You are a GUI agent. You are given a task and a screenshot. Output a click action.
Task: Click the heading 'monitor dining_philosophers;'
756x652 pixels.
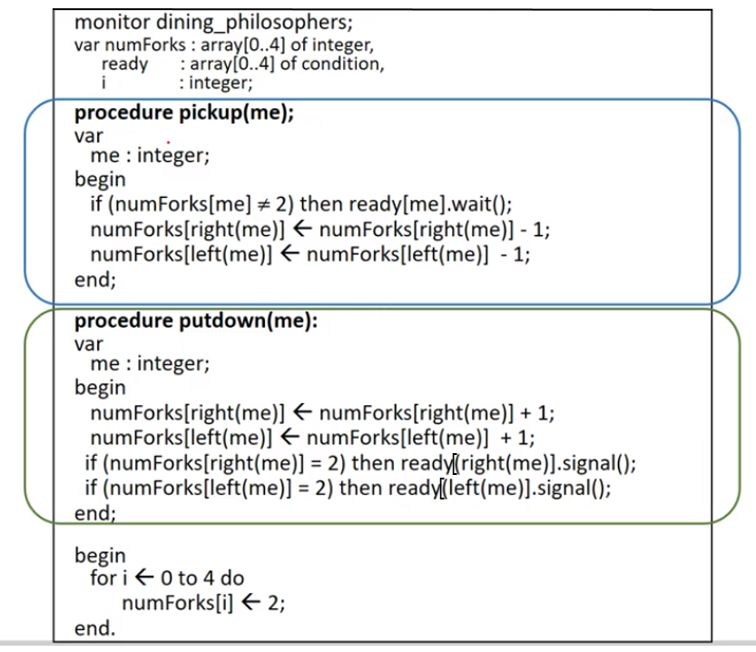[x=200, y=22]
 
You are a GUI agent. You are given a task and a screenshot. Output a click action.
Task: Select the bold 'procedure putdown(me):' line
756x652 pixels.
[x=195, y=321]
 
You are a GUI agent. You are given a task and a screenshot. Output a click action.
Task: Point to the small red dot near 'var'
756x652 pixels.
[x=168, y=142]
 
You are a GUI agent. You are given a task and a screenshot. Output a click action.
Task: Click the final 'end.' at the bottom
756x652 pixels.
[x=94, y=627]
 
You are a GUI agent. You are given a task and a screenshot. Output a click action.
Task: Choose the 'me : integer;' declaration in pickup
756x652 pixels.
[x=150, y=156]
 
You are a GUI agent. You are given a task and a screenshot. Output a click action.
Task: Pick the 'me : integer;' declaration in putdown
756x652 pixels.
[x=150, y=364]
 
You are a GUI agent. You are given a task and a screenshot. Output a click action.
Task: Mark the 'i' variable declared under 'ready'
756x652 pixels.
[x=104, y=84]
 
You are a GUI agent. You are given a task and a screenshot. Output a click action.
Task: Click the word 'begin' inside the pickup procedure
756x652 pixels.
[x=100, y=179]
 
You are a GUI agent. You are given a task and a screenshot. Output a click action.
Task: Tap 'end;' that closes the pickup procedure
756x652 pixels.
[x=94, y=279]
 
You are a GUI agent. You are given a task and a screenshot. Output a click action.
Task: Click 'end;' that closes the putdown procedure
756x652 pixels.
[x=94, y=513]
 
